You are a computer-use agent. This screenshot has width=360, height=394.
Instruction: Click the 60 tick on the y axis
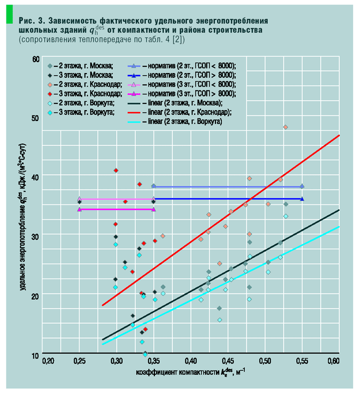click(35, 58)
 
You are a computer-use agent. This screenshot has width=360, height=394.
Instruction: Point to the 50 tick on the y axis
click(35, 118)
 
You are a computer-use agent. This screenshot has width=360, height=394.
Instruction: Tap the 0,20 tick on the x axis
click(49, 361)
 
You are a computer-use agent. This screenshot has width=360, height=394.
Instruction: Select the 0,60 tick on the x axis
click(333, 361)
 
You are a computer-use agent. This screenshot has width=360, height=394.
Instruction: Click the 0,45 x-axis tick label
click(229, 361)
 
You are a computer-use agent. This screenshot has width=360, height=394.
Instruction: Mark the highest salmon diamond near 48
click(285, 127)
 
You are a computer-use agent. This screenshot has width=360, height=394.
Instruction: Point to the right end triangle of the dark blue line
click(302, 198)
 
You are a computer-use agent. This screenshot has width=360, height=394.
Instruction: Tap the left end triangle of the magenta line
click(80, 209)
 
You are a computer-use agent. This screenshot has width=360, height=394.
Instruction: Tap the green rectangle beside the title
click(9, 16)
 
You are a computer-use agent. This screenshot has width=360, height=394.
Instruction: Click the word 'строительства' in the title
click(235, 28)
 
